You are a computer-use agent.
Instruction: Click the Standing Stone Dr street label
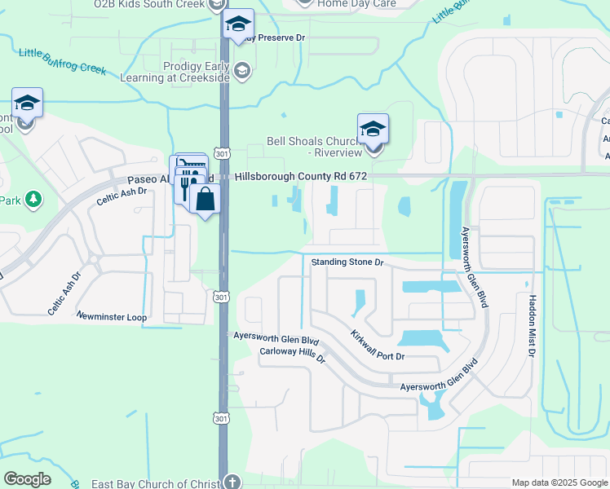(x=347, y=262)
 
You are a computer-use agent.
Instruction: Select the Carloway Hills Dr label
(x=292, y=355)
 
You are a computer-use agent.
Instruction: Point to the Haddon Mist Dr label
(x=532, y=326)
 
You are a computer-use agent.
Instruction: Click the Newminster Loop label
(x=111, y=315)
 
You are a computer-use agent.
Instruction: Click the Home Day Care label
(x=356, y=4)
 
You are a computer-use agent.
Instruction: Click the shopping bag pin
(x=206, y=198)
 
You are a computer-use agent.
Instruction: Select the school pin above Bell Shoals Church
(x=373, y=129)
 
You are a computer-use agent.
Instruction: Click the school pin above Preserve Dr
(x=238, y=24)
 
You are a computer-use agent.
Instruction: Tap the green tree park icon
(x=33, y=199)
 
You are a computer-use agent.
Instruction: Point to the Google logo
(x=28, y=479)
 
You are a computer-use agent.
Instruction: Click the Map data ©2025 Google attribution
(x=559, y=482)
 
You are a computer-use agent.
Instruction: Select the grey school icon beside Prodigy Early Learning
(x=241, y=71)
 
